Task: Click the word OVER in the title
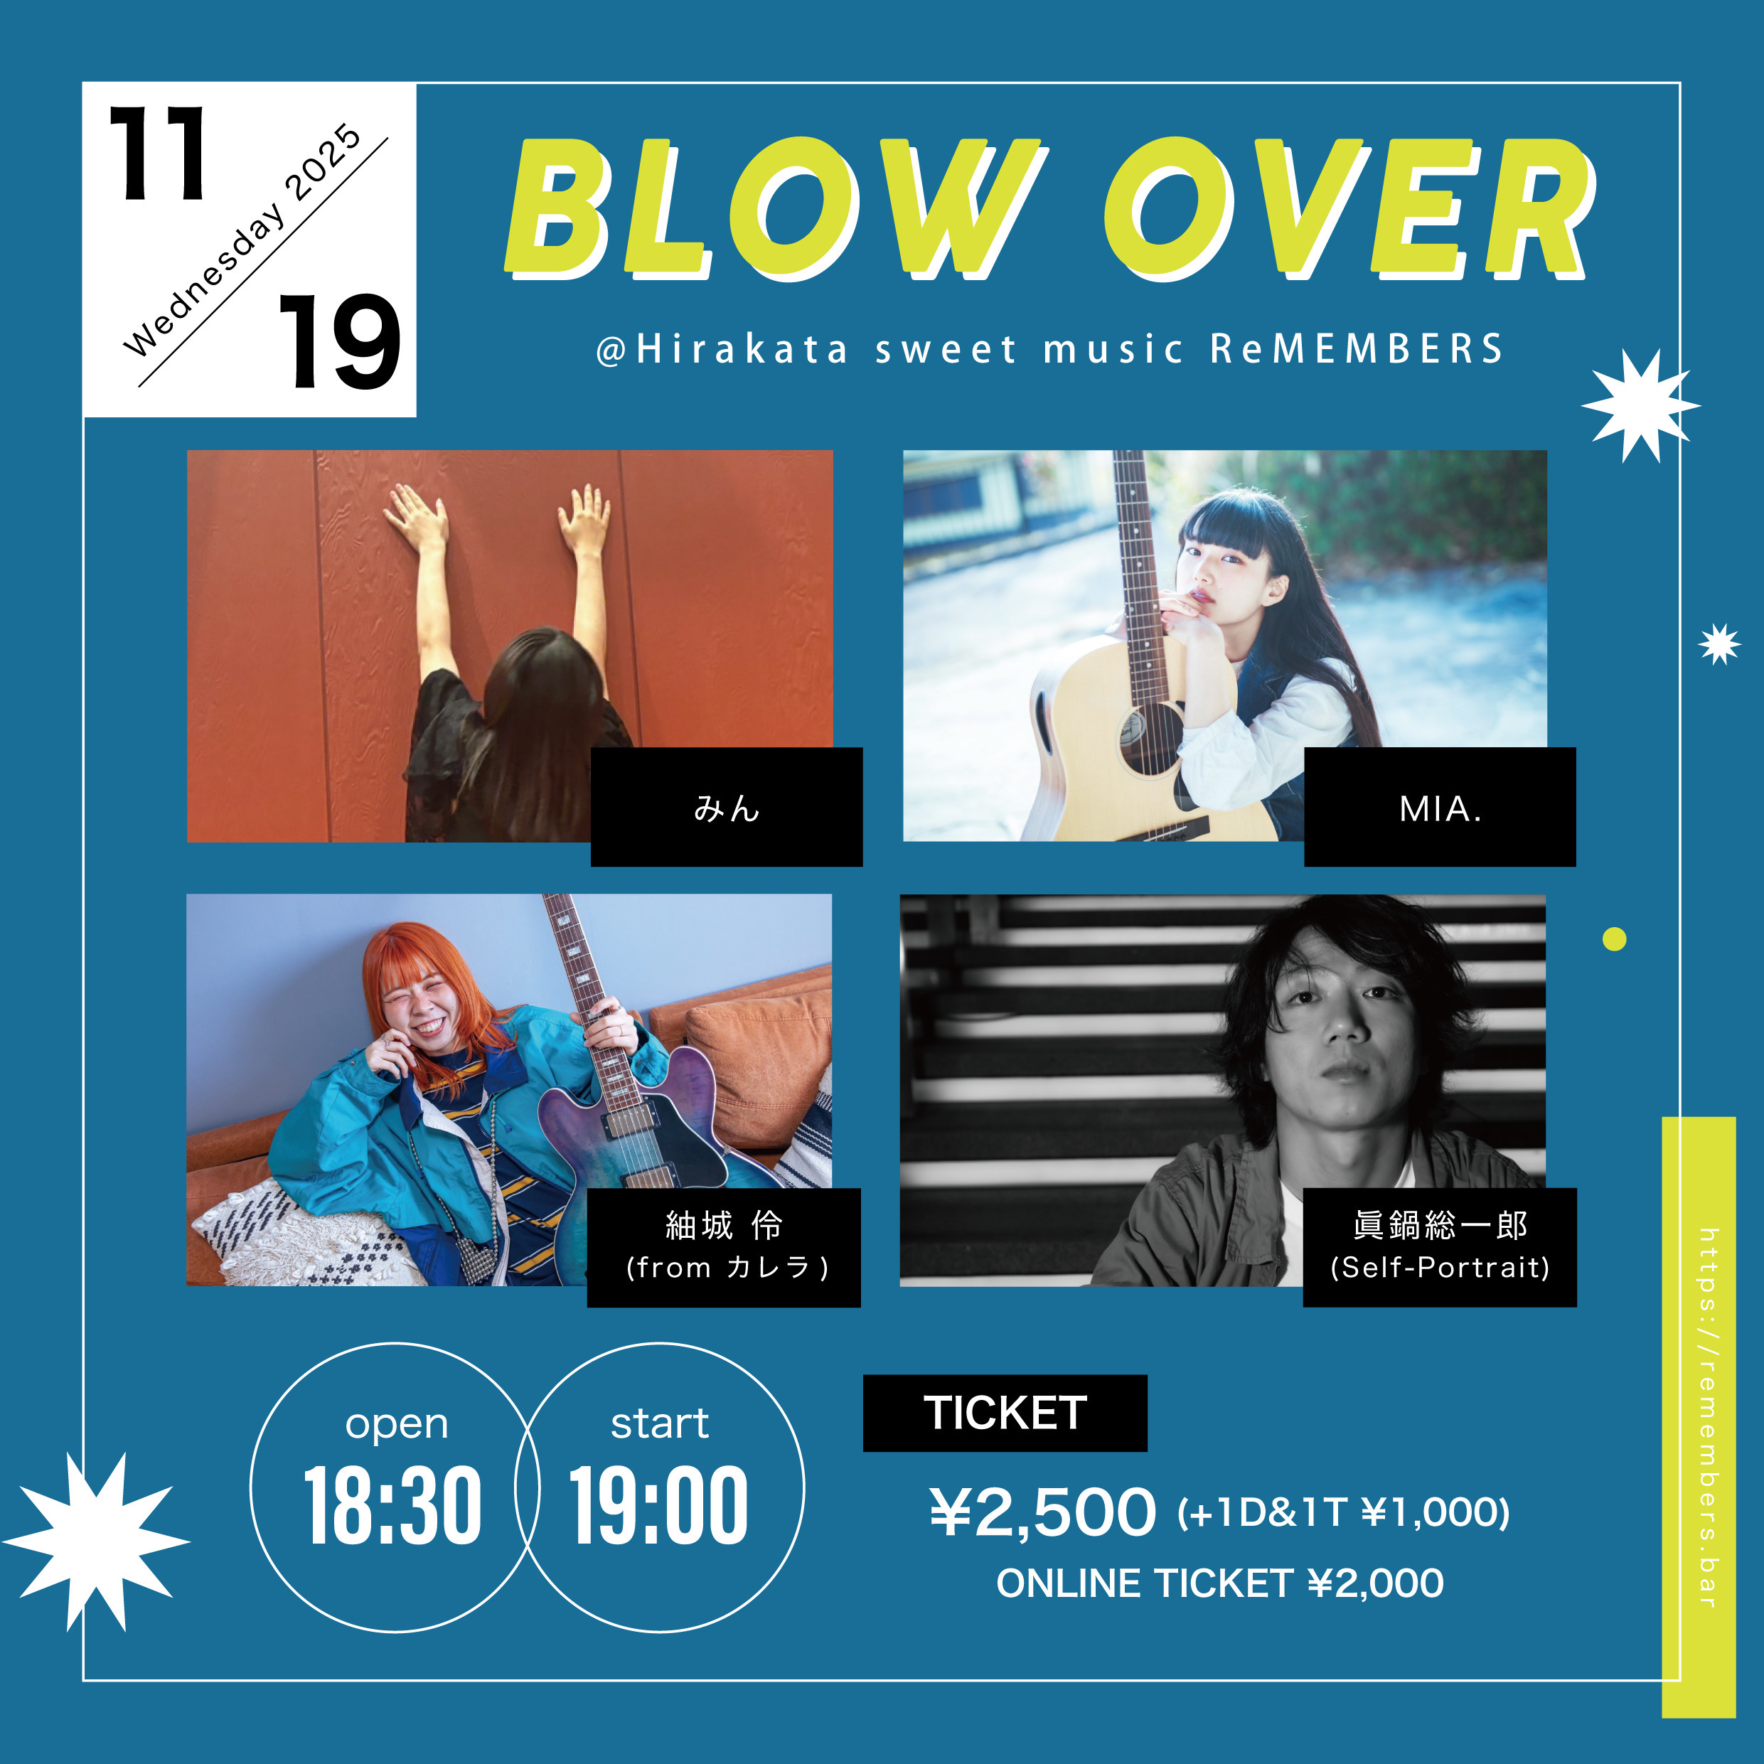[1349, 208]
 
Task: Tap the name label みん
[727, 808]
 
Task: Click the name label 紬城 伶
[724, 1225]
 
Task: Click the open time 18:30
[392, 1506]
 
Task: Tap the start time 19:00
[658, 1506]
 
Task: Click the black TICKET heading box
[1005, 1413]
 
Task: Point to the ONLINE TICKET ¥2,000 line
[1220, 1584]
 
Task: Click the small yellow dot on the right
[1614, 939]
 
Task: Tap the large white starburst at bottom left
[96, 1541]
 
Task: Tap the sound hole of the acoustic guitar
[1153, 739]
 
